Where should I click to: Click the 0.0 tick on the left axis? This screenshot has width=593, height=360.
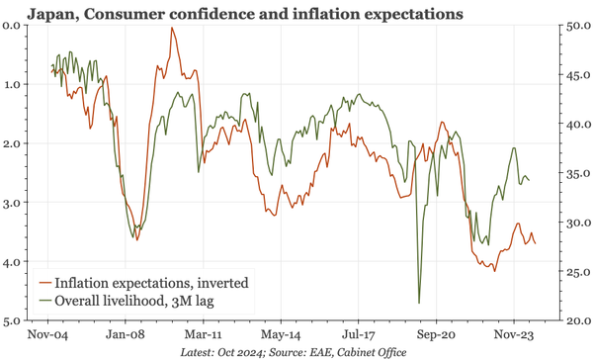(15, 25)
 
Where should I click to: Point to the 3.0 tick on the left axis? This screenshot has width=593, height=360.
(15, 203)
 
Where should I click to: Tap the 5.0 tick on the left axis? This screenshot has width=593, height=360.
(15, 321)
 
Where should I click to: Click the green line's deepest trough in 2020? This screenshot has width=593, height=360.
(419, 303)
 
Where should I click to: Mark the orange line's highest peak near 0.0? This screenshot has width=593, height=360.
(172, 28)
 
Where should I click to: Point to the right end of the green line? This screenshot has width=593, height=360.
(530, 180)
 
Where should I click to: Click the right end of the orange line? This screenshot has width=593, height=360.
(536, 244)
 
